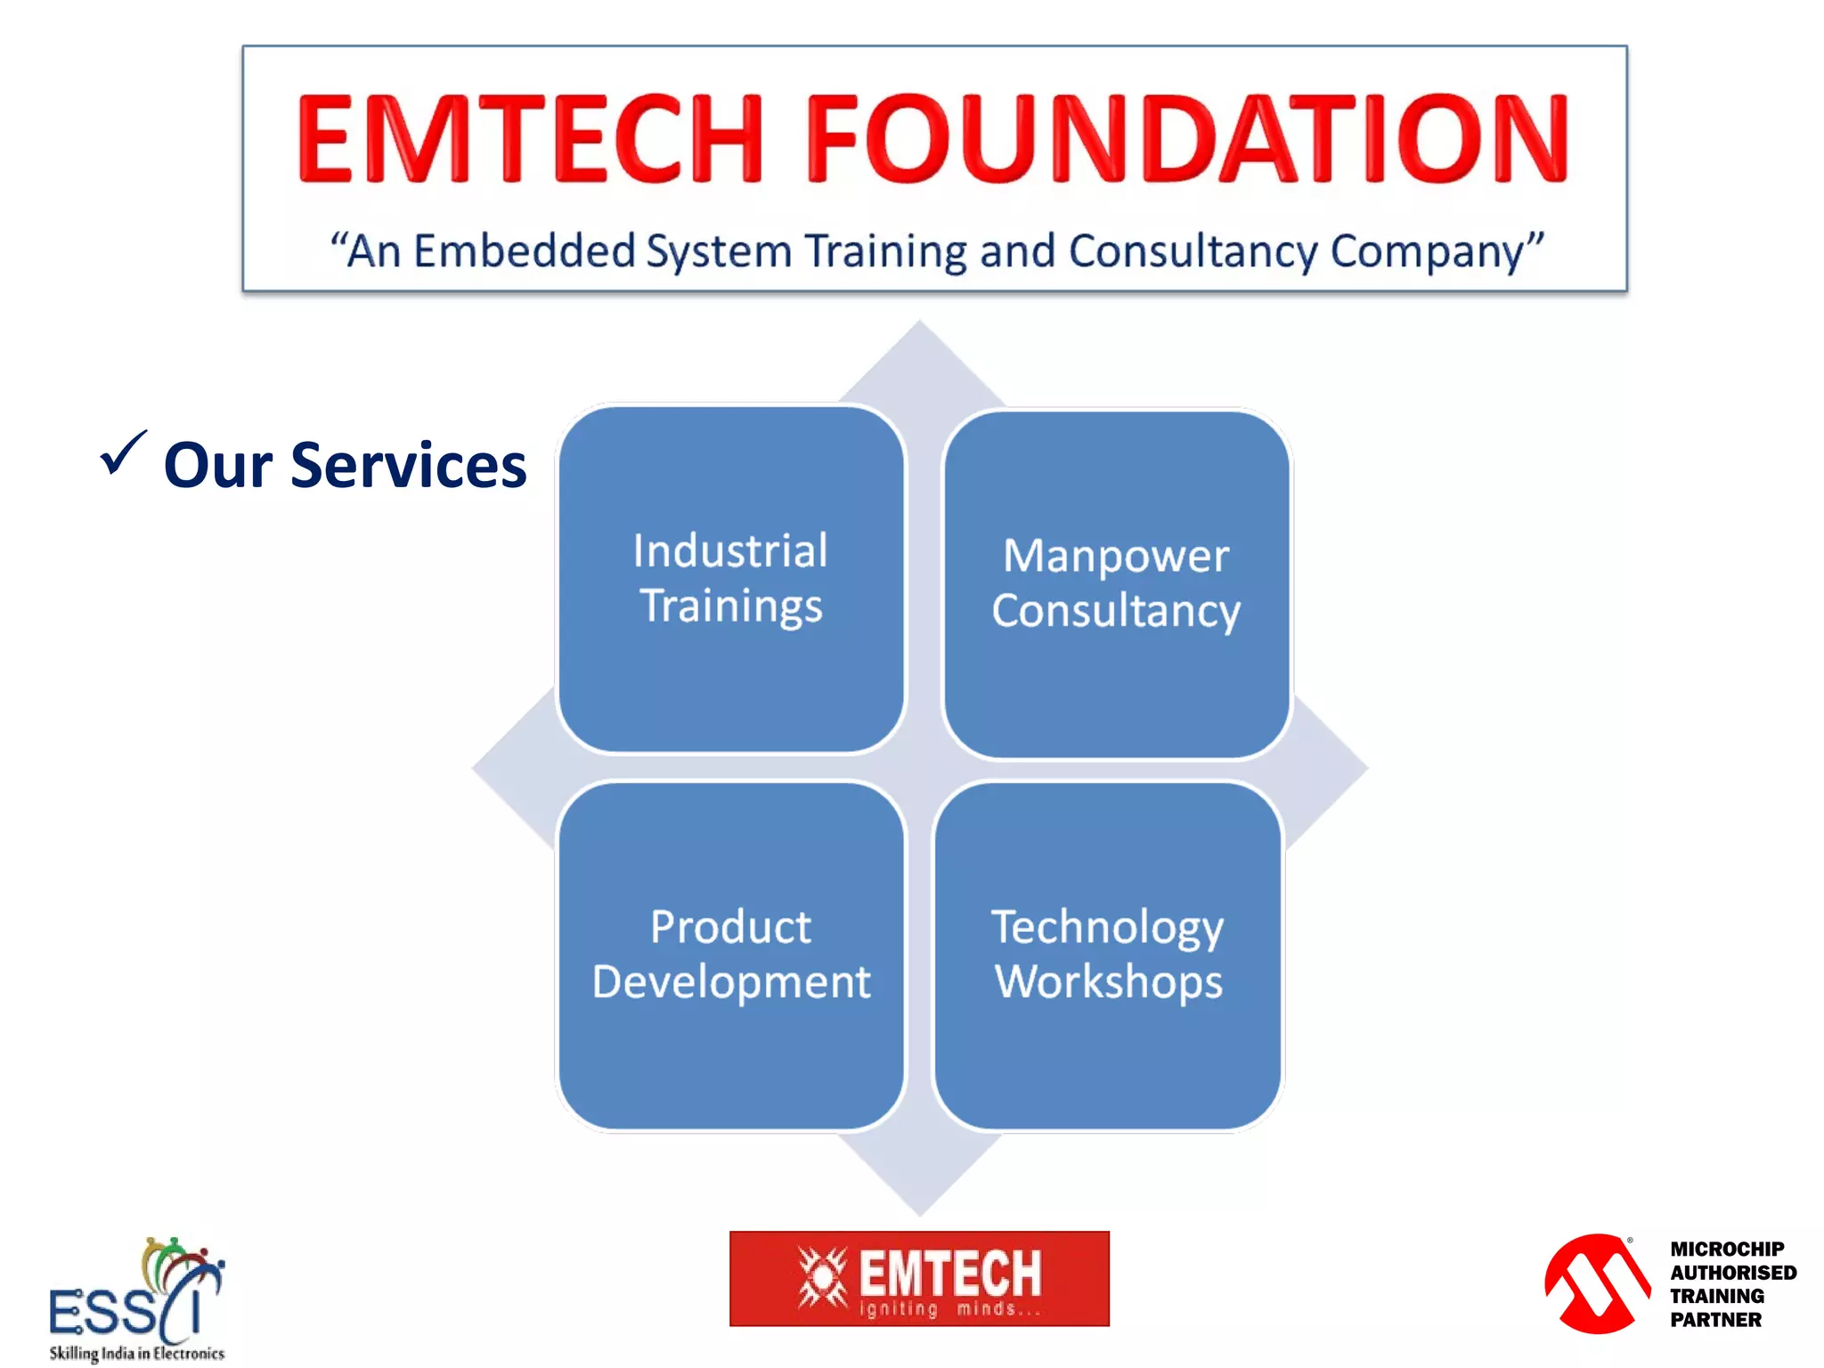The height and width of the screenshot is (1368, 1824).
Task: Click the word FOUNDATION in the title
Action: click(1186, 139)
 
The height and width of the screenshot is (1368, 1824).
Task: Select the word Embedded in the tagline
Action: click(524, 251)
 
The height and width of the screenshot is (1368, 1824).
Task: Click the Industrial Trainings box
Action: click(730, 579)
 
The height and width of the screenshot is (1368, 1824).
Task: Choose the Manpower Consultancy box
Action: click(1116, 583)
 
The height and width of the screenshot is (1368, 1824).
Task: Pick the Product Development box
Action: click(730, 955)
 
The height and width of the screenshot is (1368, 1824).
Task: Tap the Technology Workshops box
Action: click(1108, 955)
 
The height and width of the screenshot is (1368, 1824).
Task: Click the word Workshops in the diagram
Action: click(1108, 981)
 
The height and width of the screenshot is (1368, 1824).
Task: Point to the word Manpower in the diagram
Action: click(1116, 556)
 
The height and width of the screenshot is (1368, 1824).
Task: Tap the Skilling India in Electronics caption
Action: click(136, 1353)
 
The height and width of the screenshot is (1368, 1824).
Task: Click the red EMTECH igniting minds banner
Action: click(919, 1279)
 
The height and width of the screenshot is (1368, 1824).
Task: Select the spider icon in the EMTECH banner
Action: click(822, 1277)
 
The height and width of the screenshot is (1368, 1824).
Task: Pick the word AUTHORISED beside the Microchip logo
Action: click(1732, 1273)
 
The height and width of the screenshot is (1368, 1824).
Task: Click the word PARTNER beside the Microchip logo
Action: click(1715, 1320)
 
